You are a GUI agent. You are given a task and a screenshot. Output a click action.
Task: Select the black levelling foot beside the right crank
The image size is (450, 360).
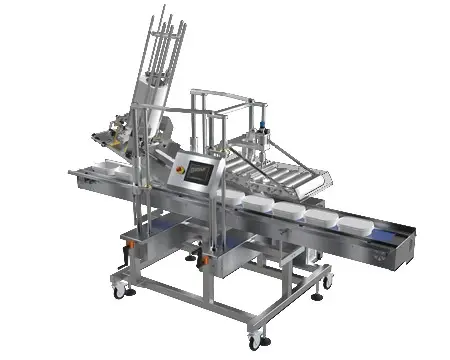point(191,261)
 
